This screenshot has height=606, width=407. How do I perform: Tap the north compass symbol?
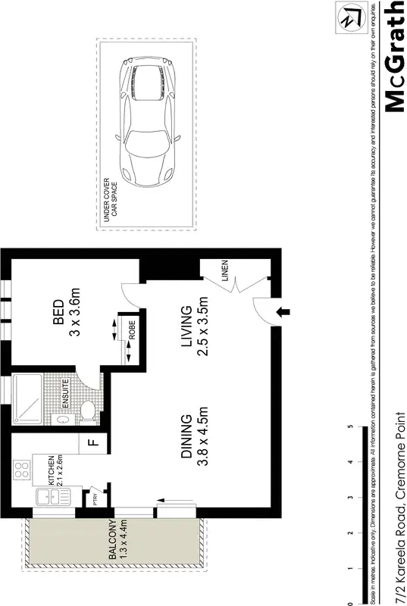(x=350, y=17)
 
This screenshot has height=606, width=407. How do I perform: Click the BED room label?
(x=58, y=310)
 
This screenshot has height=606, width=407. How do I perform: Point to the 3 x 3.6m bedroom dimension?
(x=74, y=310)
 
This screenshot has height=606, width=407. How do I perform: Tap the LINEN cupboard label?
(x=225, y=270)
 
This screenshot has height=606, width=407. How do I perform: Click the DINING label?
(x=185, y=439)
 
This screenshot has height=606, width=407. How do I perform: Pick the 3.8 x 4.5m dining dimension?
(x=202, y=439)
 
